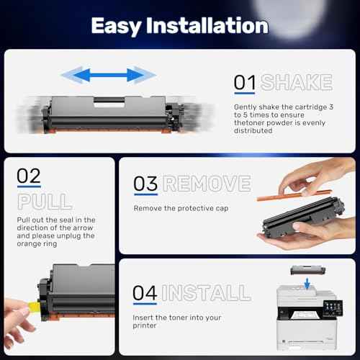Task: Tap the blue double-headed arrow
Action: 108,73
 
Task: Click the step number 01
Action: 245,83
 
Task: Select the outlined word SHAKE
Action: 297,83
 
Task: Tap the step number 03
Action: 145,184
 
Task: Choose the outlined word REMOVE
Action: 207,184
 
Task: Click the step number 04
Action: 146,294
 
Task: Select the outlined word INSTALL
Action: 207,294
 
